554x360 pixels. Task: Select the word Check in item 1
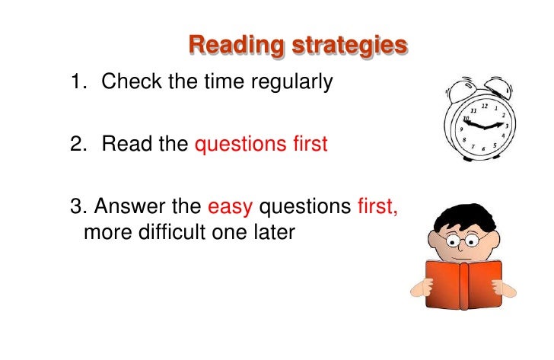tap(132, 81)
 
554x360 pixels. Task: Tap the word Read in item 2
tap(126, 143)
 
